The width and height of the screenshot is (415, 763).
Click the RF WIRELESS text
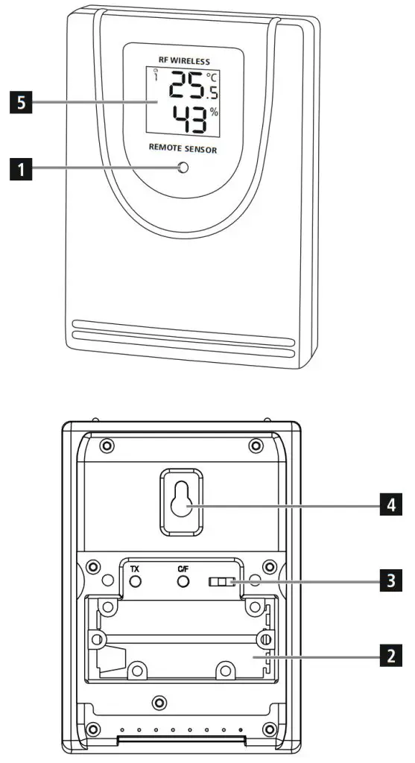[x=183, y=60]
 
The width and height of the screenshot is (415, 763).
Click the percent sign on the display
[x=215, y=112]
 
